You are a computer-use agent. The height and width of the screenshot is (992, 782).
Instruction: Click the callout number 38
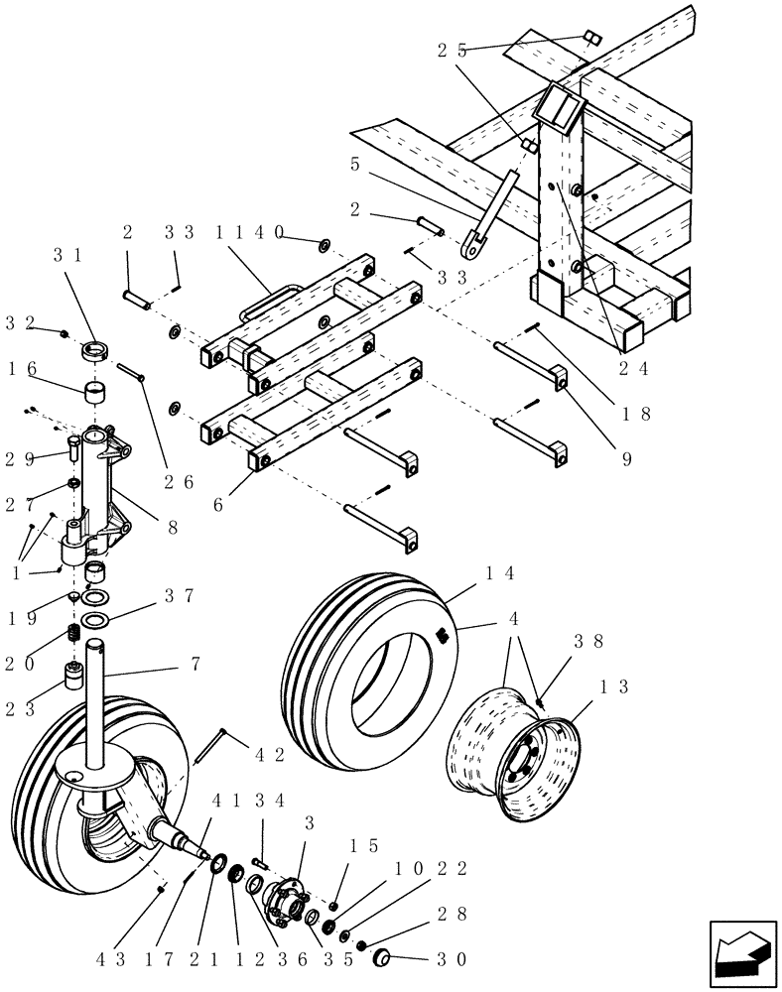click(x=588, y=642)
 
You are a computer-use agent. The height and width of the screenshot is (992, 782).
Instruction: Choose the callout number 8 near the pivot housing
click(x=173, y=529)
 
